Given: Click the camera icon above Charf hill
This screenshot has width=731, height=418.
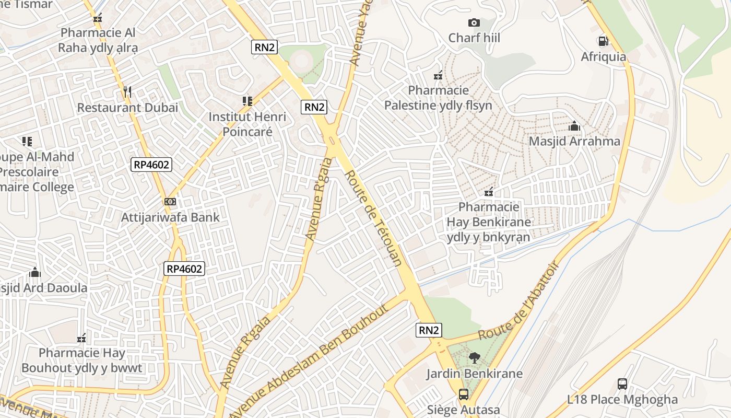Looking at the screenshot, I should pyautogui.click(x=474, y=22).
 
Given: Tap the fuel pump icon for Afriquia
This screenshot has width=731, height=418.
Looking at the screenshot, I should pyautogui.click(x=603, y=41).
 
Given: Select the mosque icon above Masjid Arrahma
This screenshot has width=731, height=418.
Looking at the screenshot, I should pyautogui.click(x=574, y=126).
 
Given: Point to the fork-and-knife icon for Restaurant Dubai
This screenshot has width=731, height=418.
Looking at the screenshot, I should pyautogui.click(x=127, y=92).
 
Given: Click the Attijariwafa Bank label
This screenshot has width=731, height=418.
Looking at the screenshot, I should pyautogui.click(x=170, y=217).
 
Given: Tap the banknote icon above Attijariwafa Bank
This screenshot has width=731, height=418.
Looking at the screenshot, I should pyautogui.click(x=170, y=201).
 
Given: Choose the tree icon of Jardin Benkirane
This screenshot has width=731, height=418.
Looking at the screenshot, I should pyautogui.click(x=474, y=358).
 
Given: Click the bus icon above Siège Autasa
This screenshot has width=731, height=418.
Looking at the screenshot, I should pyautogui.click(x=463, y=394).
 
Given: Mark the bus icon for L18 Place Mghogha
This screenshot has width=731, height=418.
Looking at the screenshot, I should pyautogui.click(x=622, y=384).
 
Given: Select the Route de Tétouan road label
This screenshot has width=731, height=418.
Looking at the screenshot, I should pyautogui.click(x=373, y=218).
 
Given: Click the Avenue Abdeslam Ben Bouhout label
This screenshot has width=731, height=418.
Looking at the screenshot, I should pyautogui.click(x=309, y=361).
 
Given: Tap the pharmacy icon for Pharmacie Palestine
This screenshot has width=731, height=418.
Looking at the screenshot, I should pyautogui.click(x=438, y=75).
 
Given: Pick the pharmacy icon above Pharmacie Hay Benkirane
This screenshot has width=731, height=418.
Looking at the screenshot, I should pyautogui.click(x=489, y=192).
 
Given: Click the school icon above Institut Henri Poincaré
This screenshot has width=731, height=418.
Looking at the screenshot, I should pyautogui.click(x=247, y=101).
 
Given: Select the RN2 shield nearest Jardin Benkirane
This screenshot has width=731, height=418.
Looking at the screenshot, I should pyautogui.click(x=429, y=330).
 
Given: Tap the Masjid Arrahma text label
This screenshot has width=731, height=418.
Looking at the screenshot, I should pyautogui.click(x=574, y=141).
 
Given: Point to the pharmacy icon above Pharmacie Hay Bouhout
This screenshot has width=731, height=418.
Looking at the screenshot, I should pyautogui.click(x=81, y=338).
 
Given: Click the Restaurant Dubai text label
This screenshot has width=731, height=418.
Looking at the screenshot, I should pyautogui.click(x=127, y=108).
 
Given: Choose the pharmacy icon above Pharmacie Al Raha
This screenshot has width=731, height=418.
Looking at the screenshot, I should pyautogui.click(x=98, y=18).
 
